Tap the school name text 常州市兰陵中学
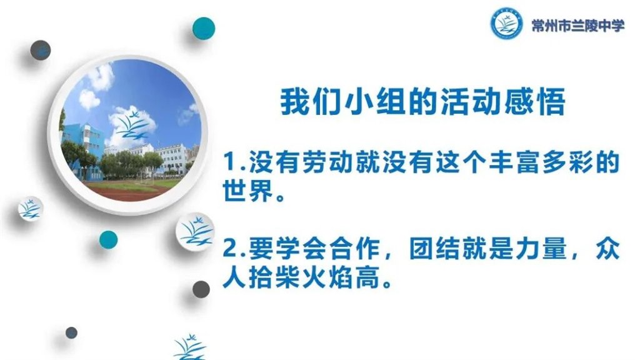point(578,26)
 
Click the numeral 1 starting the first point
point(230,162)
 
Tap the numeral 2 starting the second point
point(230,249)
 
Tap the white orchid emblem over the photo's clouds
point(132,123)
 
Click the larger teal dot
point(204,28)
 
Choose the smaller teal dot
point(108,239)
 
